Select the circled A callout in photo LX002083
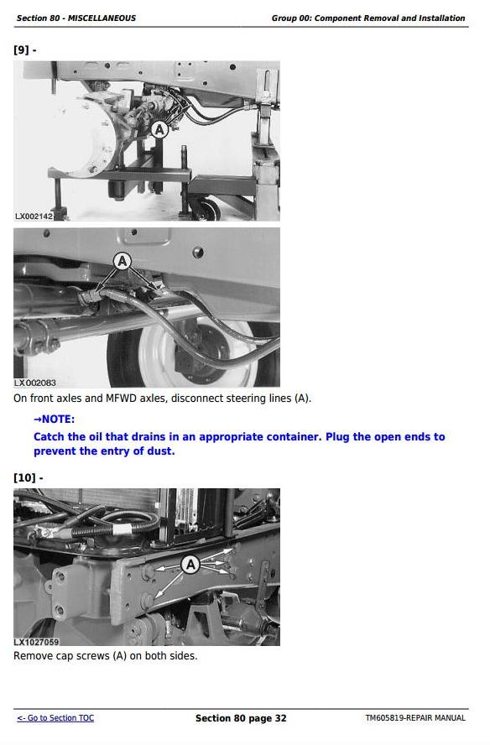pyautogui.click(x=122, y=261)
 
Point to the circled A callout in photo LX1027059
pyautogui.click(x=190, y=565)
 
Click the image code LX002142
pyautogui.click(x=34, y=216)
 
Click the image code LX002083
pyautogui.click(x=34, y=383)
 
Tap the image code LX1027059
pyautogui.click(x=36, y=642)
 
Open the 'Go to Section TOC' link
pyautogui.click(x=55, y=718)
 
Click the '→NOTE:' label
pyautogui.click(x=55, y=419)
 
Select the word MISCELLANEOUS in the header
pyautogui.click(x=102, y=18)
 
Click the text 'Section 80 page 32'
pyautogui.click(x=241, y=718)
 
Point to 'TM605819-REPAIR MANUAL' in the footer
pyautogui.click(x=415, y=718)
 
